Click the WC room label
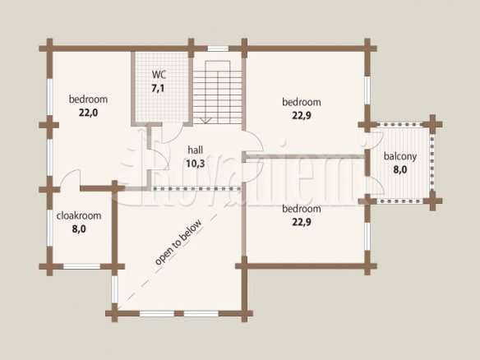(x=159, y=75)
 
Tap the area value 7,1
(x=158, y=88)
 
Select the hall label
(x=196, y=150)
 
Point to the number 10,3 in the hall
(x=196, y=164)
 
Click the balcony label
(x=400, y=156)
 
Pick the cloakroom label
(x=79, y=215)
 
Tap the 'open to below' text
(x=178, y=242)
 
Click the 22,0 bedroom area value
(x=89, y=113)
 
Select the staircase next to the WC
(x=218, y=92)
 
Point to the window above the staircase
(x=218, y=48)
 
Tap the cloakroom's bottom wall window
(x=81, y=266)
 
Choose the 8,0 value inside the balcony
(x=400, y=169)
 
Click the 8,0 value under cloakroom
(x=79, y=229)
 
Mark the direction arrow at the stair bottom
(x=205, y=120)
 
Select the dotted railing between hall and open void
(x=196, y=188)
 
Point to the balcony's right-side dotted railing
(x=432, y=162)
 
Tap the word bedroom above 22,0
(x=88, y=99)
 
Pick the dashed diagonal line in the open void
(x=168, y=262)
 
